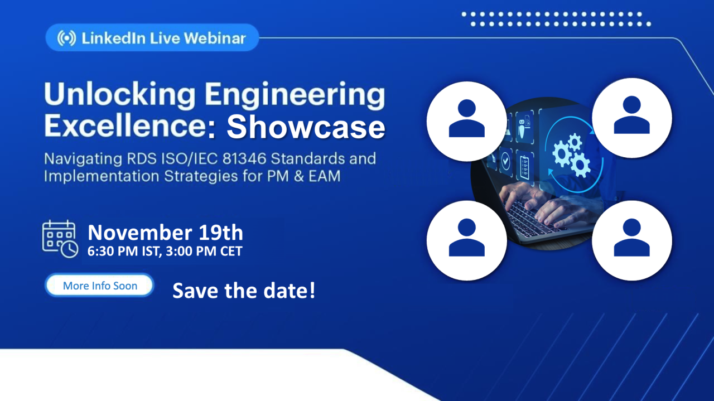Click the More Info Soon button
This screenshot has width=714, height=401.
point(100,286)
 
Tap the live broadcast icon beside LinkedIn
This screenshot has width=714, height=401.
point(66,38)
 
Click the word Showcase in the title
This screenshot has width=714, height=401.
point(306,127)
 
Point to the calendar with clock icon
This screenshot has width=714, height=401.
point(60,239)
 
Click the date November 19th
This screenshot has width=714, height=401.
point(166,233)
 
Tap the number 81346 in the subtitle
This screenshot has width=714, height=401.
point(244,158)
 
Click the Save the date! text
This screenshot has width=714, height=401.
point(244,291)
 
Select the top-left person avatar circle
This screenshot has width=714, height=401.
point(467,121)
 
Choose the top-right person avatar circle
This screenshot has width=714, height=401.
point(632,118)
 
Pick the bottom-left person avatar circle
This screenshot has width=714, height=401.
point(467,241)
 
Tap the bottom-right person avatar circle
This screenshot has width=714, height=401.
point(632,241)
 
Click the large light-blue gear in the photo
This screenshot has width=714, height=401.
point(562,154)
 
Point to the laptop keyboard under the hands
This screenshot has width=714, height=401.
point(535,220)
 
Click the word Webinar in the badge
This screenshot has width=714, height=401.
point(215,38)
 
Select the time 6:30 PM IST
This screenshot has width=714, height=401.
point(124,251)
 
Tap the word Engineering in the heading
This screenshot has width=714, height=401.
point(295,95)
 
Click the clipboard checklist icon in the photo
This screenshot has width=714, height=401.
point(525,167)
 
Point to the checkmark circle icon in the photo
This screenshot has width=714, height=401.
point(506,162)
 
